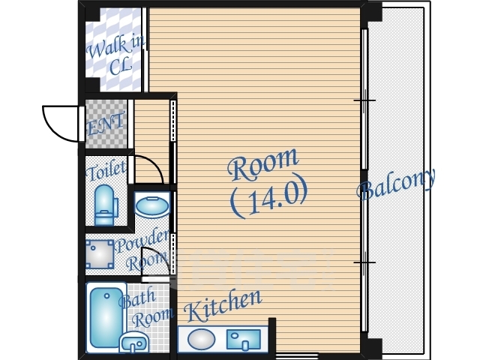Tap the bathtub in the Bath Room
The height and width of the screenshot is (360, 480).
(106, 318)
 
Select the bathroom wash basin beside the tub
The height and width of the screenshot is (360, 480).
(134, 342)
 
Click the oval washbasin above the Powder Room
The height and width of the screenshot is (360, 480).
(152, 205)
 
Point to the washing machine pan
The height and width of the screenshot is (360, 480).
(100, 254)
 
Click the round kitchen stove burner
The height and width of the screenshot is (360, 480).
(201, 339)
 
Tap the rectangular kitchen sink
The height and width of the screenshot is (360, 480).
(243, 340)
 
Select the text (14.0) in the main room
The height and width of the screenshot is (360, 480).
(268, 197)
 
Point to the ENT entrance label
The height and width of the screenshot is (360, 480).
(106, 123)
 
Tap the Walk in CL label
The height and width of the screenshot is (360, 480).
(115, 55)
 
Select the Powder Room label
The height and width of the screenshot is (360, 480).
(143, 250)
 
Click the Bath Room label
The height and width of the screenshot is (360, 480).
(145, 308)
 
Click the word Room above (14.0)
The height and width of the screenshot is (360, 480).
(263, 164)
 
